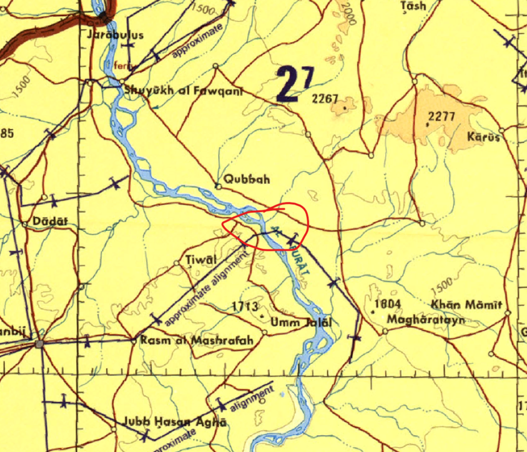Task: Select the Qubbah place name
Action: coord(246,179)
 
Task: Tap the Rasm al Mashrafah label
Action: coord(196,341)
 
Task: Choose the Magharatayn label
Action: coord(426,319)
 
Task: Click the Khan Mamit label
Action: coord(466,305)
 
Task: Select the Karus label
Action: coord(484,137)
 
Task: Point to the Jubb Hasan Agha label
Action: coord(174,422)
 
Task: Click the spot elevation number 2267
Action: coord(325,99)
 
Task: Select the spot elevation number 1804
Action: coord(388,304)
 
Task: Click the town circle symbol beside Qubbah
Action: coord(219,186)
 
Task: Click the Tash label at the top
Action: coord(414,6)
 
